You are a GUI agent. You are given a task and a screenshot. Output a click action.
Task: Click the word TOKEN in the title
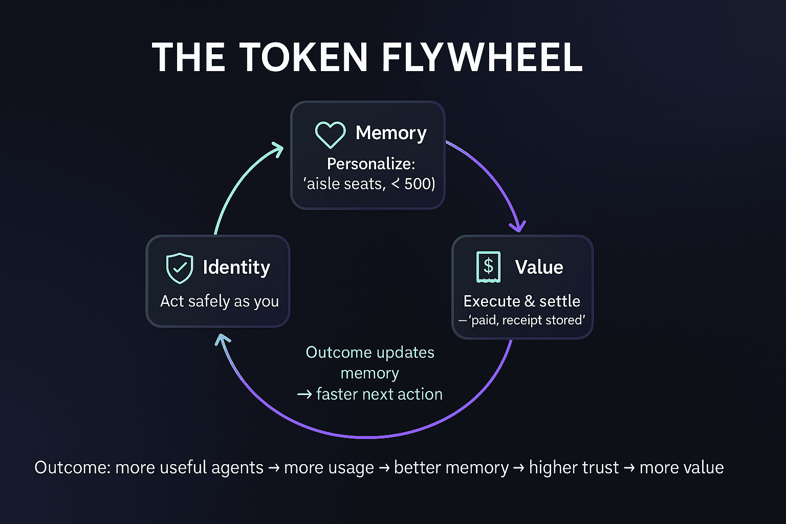coord(303,57)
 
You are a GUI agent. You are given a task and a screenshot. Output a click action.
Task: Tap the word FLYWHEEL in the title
coord(482,57)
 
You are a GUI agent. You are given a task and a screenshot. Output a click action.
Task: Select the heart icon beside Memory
coord(330,134)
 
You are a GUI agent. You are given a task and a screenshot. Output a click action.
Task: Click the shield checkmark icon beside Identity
coord(180,268)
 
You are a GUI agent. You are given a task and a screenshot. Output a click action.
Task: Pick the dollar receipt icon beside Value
coord(488,267)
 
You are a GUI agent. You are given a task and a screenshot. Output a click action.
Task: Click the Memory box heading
coord(391,133)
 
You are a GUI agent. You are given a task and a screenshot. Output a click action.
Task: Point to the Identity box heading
coord(236,268)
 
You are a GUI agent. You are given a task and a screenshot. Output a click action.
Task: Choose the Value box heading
coord(539,268)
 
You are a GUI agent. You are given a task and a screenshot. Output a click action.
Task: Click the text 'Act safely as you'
coord(220,301)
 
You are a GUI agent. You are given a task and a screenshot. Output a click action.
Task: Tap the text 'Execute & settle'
coord(521,301)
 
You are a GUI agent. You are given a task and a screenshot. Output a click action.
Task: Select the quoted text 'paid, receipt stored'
coord(527,320)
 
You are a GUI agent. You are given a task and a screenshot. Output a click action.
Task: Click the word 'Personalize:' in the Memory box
coord(371,164)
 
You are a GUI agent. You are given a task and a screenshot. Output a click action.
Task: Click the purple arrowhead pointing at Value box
coord(519,226)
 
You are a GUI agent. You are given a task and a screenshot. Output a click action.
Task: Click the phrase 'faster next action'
coord(379,394)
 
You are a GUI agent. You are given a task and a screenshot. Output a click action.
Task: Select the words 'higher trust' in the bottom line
coord(574,467)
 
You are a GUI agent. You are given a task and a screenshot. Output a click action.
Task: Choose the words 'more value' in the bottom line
coord(682,467)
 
